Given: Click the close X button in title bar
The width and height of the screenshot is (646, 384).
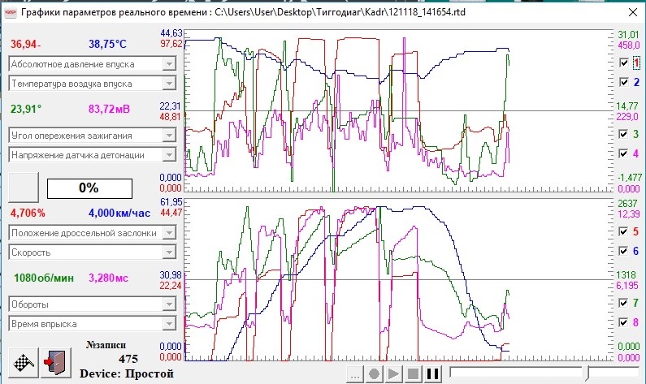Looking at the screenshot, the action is click(633, 12).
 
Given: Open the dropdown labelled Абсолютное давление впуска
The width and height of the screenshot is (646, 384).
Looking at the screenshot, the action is click(93, 64).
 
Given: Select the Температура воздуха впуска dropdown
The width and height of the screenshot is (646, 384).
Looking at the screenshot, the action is click(93, 84).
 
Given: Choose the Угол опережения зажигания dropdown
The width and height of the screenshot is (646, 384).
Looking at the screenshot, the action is click(93, 136).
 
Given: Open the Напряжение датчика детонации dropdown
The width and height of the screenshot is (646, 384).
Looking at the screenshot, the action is click(93, 155).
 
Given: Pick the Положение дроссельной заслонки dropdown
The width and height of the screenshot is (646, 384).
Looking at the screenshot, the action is click(93, 233).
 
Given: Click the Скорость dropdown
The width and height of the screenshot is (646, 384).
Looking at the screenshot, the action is click(93, 252).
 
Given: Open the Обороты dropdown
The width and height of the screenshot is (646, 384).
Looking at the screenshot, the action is click(93, 304).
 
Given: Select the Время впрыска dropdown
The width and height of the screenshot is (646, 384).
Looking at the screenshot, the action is click(93, 324).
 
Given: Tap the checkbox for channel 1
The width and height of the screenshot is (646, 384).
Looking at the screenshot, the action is click(624, 63).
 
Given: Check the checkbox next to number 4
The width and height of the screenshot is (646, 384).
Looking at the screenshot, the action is click(624, 153).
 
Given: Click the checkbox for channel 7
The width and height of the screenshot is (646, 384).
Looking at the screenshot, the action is click(624, 303).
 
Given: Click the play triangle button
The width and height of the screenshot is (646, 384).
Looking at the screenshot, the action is click(393, 373).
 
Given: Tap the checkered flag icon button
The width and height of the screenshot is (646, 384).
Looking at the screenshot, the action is click(24, 363).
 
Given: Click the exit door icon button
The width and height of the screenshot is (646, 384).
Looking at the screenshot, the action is click(56, 363).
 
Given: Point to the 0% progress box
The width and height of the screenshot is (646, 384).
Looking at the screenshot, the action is click(90, 188).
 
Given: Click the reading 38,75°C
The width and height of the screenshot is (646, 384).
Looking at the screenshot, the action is click(107, 44).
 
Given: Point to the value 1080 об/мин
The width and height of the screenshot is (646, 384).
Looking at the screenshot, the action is click(44, 278).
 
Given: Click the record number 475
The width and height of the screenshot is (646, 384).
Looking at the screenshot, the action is click(128, 359).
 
